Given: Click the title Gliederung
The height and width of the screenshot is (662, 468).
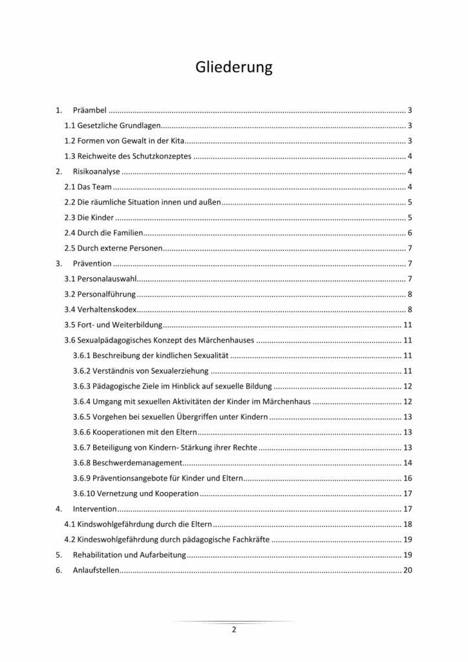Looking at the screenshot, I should [233, 67].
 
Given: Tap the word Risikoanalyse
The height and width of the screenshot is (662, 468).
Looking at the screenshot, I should [98, 172].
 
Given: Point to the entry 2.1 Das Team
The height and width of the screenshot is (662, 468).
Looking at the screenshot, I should [89, 187].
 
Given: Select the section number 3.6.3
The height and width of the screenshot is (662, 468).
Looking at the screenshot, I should [82, 387].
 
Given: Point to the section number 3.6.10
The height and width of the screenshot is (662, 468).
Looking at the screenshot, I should [84, 493].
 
